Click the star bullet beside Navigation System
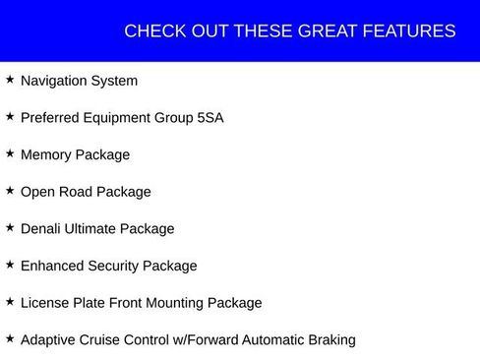click(x=10, y=79)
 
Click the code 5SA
click(x=210, y=118)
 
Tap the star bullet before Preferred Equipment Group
click(x=10, y=116)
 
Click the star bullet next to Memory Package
click(x=10, y=152)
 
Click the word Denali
click(x=42, y=228)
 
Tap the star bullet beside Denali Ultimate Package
click(x=10, y=226)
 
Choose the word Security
click(x=112, y=266)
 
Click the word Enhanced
click(x=51, y=266)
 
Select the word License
click(x=45, y=303)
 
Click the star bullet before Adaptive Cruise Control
click(x=10, y=337)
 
